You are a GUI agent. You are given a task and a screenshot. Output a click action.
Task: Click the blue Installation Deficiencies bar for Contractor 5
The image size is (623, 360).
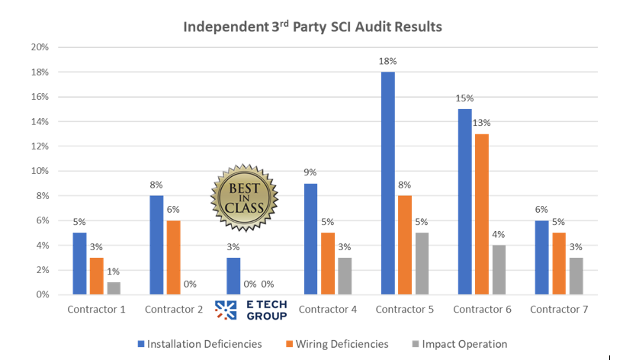pyautogui.click(x=387, y=183)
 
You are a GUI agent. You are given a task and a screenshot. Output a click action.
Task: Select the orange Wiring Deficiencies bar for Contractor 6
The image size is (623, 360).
pyautogui.click(x=482, y=214)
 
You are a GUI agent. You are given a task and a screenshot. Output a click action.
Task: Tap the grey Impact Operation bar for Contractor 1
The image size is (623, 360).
pyautogui.click(x=114, y=288)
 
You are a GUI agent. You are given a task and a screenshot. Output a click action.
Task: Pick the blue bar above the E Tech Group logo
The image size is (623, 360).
pyautogui.click(x=234, y=276)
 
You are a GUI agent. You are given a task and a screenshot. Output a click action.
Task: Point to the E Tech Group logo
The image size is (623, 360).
pyautogui.click(x=251, y=309)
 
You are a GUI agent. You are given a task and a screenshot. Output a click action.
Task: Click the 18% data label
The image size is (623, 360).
pyautogui.click(x=387, y=61)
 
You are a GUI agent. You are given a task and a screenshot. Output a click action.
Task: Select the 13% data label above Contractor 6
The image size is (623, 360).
pyautogui.click(x=482, y=123)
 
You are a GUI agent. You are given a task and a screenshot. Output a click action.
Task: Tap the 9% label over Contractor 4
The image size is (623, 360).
pyautogui.click(x=311, y=172)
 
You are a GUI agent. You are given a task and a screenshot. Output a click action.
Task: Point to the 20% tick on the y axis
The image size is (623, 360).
pyautogui.click(x=40, y=47)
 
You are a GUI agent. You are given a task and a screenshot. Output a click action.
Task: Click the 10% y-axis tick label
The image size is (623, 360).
pyautogui.click(x=40, y=171)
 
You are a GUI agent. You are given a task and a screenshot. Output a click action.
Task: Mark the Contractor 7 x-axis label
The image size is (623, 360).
pyautogui.click(x=558, y=309)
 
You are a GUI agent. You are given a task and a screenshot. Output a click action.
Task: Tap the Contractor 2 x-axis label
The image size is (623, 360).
pyautogui.click(x=174, y=309)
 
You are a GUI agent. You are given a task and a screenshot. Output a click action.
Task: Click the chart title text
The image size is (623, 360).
pyautogui.click(x=312, y=27)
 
